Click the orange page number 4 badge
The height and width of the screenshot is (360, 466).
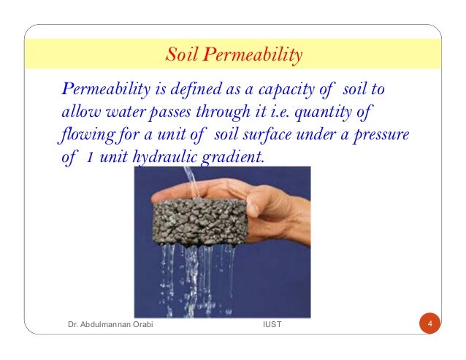click(x=430, y=323)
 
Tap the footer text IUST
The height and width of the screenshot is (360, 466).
click(x=272, y=324)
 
